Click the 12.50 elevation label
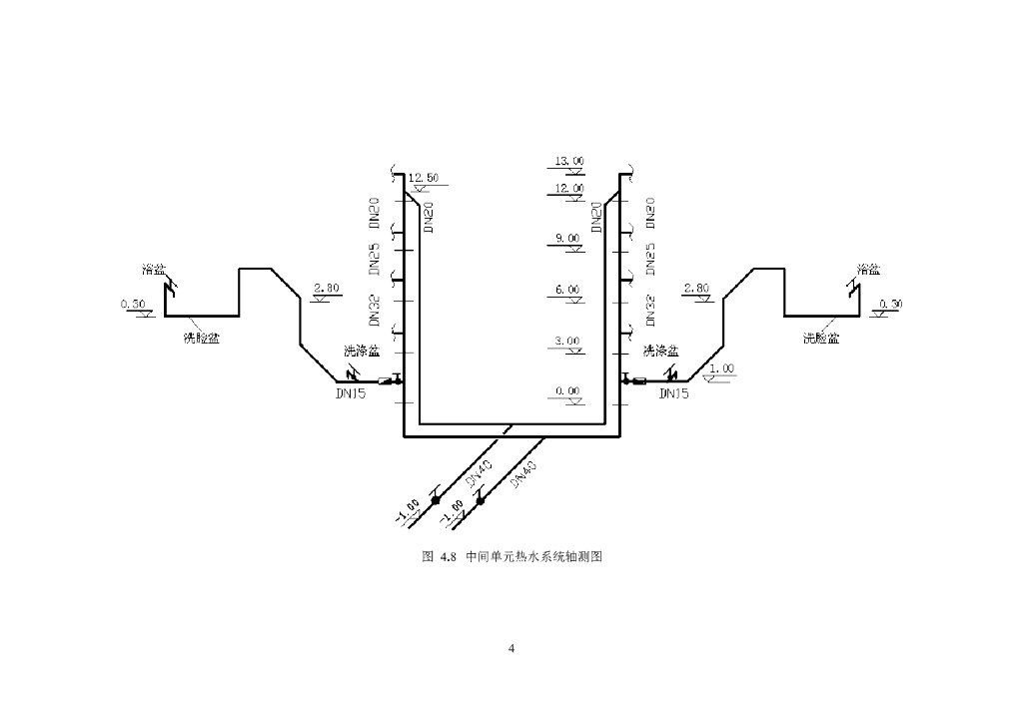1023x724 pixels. coord(424,178)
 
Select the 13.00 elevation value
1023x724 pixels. coord(569,161)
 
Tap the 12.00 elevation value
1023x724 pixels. coord(569,188)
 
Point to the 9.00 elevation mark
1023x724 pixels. coord(567,238)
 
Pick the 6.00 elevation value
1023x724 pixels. coord(567,290)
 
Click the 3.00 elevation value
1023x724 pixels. coord(567,342)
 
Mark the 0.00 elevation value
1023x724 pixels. coord(567,391)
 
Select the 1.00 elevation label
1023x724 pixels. coord(720,368)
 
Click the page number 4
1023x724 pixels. coord(511,649)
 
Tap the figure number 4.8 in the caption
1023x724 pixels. coord(447,557)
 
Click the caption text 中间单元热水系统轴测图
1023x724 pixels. coord(534,557)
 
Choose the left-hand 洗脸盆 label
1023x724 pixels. coord(201,337)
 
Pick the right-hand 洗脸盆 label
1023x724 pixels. coord(821,338)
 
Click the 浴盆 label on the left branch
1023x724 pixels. coord(154,270)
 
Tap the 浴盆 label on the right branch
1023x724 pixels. coord(868,270)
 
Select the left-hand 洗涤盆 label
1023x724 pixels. coord(361,351)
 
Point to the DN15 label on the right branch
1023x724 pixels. coord(674,393)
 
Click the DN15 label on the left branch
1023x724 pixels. coord(353,393)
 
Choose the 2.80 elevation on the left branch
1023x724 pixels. coord(327,288)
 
